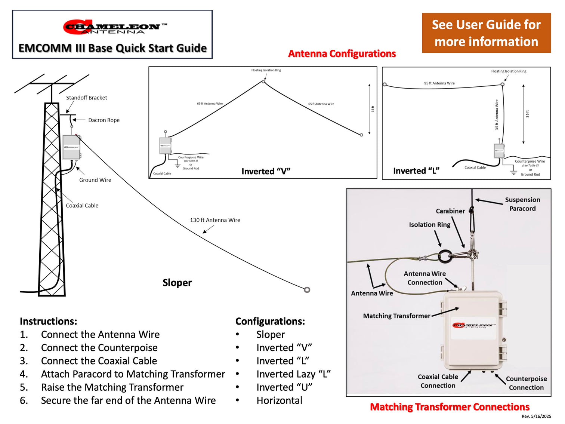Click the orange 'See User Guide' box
click(486, 33)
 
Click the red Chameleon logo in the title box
click(112, 27)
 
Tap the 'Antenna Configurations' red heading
click(342, 53)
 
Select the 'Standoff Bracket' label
click(86, 98)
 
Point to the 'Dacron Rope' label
click(104, 120)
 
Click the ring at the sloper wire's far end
click(307, 290)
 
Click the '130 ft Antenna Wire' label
click(215, 220)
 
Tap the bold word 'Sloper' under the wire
click(177, 283)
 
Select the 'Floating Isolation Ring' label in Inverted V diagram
click(266, 70)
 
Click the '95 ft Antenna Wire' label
click(439, 83)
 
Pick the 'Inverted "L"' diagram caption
click(416, 171)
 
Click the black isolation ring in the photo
click(444, 256)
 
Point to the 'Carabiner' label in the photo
click(450, 211)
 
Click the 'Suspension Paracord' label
click(522, 204)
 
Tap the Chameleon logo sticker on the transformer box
click(473, 326)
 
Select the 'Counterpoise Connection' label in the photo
click(526, 383)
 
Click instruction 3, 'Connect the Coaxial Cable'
click(99, 361)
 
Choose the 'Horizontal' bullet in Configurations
click(279, 400)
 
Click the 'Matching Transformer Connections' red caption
click(450, 407)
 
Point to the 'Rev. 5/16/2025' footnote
click(536, 416)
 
